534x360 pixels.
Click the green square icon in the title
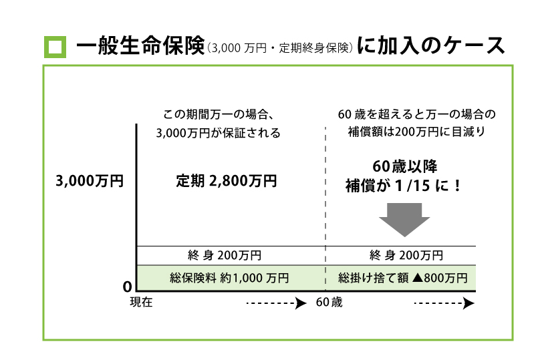[56, 47]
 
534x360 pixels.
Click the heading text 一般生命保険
[139, 46]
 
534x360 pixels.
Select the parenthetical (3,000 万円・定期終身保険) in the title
[279, 48]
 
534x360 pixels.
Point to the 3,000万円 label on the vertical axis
[89, 182]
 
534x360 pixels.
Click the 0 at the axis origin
[126, 287]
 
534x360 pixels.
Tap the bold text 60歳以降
[404, 166]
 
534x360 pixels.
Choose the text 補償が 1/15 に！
[403, 185]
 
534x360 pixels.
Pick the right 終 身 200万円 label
[406, 255]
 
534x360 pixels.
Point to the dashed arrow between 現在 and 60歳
[270, 304]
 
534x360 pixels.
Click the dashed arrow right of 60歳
[444, 304]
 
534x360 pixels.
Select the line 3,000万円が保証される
[218, 133]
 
